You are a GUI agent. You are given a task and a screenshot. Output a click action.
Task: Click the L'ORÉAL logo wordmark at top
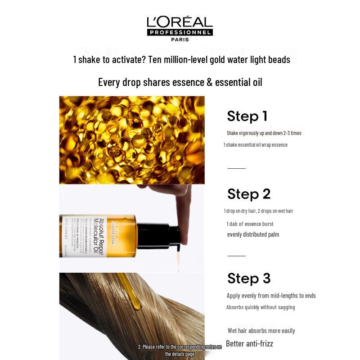click(180, 22)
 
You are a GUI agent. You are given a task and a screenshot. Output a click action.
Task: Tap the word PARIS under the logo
click(180, 39)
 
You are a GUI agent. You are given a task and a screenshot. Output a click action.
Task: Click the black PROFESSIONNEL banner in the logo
click(180, 32)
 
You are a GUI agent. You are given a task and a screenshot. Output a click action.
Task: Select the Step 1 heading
click(247, 116)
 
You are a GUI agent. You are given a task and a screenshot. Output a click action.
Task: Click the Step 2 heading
click(249, 194)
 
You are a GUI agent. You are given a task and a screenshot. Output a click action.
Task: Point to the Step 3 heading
click(249, 278)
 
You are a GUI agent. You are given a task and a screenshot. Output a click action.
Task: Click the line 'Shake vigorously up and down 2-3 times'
click(264, 133)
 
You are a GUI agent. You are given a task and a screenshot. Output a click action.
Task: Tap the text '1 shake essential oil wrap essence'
click(255, 145)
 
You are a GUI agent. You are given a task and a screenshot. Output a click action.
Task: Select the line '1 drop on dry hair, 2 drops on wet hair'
click(258, 211)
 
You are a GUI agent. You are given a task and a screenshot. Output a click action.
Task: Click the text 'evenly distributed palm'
click(253, 234)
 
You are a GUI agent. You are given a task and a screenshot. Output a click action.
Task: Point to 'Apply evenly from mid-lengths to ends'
click(271, 296)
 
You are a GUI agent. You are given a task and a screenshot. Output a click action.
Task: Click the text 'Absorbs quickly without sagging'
click(261, 307)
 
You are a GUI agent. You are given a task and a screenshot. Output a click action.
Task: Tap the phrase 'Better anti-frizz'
click(249, 344)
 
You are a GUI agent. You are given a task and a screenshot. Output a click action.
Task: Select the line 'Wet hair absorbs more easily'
click(261, 331)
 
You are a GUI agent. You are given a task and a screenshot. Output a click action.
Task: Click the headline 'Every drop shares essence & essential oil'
click(180, 82)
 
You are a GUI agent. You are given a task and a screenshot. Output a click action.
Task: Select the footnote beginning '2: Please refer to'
click(180, 351)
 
